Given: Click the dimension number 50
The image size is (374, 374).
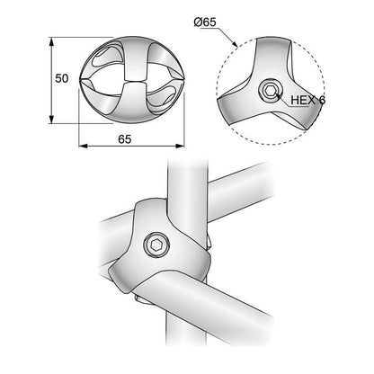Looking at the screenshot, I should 62,79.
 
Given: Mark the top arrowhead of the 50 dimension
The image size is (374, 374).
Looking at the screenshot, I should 51,40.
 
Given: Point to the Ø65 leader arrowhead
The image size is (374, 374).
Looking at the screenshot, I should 235,43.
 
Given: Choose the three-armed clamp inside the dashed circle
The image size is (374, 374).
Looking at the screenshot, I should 256,85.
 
